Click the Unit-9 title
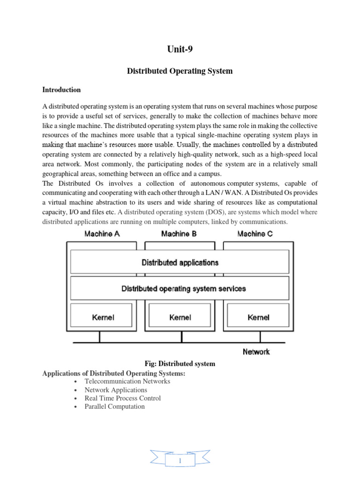(x=180, y=49)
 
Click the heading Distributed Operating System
(x=180, y=71)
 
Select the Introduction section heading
(x=61, y=90)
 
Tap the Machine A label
(x=102, y=233)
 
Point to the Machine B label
(x=179, y=233)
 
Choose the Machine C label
(x=255, y=233)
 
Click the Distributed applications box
(x=180, y=262)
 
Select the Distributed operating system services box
(x=180, y=289)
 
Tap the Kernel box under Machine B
(x=180, y=317)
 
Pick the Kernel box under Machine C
(x=258, y=317)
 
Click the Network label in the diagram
(x=256, y=351)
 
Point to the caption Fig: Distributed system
(x=180, y=364)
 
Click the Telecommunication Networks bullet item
(x=127, y=382)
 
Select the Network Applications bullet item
(x=116, y=390)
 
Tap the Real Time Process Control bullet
(x=122, y=398)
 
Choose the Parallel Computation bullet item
(x=115, y=407)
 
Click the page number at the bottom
(x=180, y=462)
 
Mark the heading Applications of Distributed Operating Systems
(x=114, y=373)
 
